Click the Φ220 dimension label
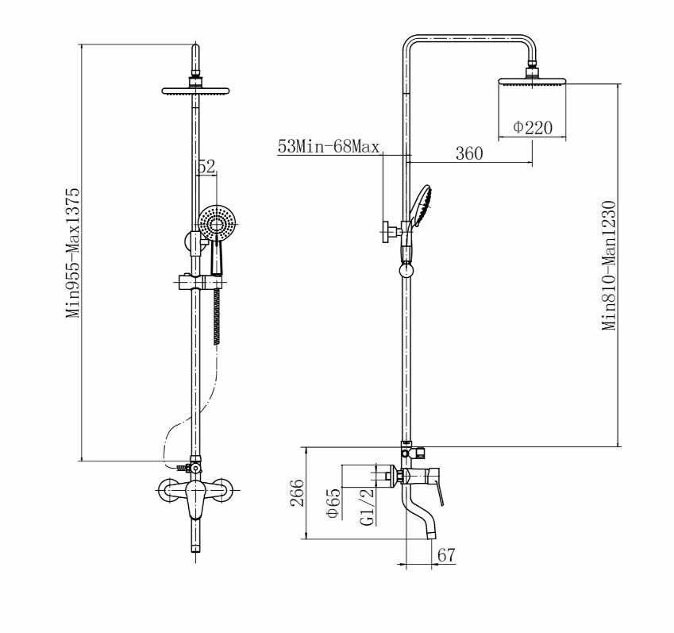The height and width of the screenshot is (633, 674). tap(533, 127)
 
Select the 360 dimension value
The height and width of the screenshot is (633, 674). tap(469, 153)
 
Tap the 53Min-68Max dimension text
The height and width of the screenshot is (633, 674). tap(329, 147)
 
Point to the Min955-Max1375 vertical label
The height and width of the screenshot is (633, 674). tap(73, 253)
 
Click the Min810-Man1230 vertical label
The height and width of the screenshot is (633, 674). tap(609, 265)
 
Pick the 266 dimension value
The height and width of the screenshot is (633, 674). tap(297, 492)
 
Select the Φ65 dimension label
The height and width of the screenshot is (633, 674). tap(333, 503)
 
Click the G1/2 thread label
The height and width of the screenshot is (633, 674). tap(367, 507)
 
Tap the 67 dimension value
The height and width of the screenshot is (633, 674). tap(445, 554)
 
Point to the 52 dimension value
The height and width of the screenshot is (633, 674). tap(206, 167)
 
